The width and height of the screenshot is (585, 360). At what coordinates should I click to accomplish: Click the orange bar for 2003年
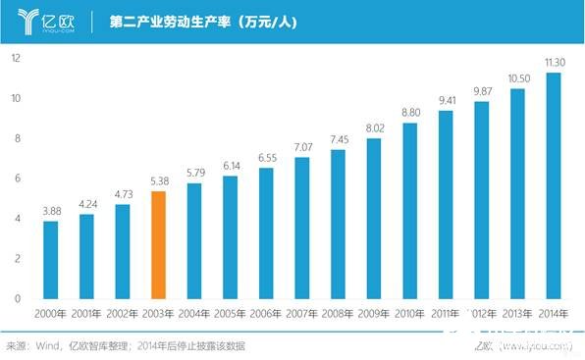158,244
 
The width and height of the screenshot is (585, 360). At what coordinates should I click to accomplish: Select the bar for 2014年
554,185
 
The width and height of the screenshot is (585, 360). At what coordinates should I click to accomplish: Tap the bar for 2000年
50,259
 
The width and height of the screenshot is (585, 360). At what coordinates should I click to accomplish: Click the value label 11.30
554,63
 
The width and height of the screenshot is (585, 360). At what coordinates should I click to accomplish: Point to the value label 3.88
50,211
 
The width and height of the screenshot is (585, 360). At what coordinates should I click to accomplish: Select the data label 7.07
302,147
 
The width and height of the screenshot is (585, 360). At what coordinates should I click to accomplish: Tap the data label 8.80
410,113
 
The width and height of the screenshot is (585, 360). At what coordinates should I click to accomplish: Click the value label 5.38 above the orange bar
158,181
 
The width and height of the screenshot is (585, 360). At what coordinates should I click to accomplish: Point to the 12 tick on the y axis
16,58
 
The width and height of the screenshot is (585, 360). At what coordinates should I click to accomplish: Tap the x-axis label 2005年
230,314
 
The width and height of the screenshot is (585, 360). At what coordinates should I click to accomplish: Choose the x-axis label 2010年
410,314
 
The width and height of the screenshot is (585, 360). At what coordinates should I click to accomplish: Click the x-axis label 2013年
518,314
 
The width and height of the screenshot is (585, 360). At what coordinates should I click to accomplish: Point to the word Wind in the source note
45,346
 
